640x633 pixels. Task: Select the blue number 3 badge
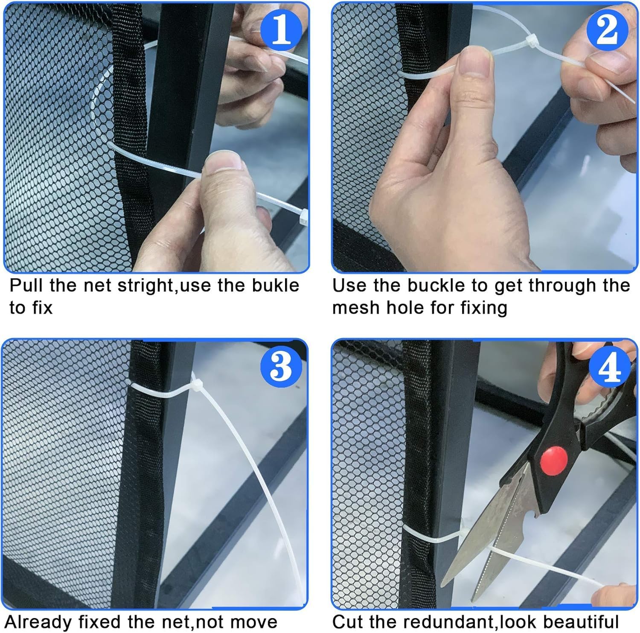[280, 365]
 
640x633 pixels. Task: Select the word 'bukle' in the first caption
[276, 285]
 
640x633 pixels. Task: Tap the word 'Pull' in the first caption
[26, 285]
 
